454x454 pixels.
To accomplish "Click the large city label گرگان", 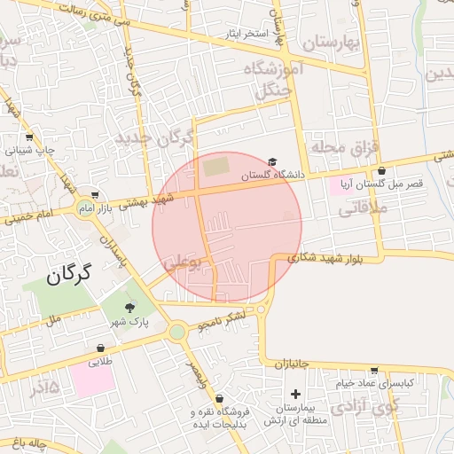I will [67, 275].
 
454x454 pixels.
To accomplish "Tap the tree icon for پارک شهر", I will [131, 309].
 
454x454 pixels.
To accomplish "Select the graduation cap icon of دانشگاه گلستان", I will [272, 161].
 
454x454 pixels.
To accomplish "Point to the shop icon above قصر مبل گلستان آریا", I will [381, 170].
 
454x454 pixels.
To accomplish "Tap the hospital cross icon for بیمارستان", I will [295, 394].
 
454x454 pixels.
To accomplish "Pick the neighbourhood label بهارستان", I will [333, 43].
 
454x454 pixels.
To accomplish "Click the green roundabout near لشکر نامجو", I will [177, 332].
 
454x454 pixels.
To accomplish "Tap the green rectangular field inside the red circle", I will [215, 167].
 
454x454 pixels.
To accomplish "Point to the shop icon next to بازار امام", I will [95, 196].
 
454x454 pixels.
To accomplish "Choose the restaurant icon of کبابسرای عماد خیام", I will [375, 371].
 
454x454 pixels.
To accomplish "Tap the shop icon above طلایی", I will [98, 348].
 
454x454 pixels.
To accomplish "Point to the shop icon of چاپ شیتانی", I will [30, 137].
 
